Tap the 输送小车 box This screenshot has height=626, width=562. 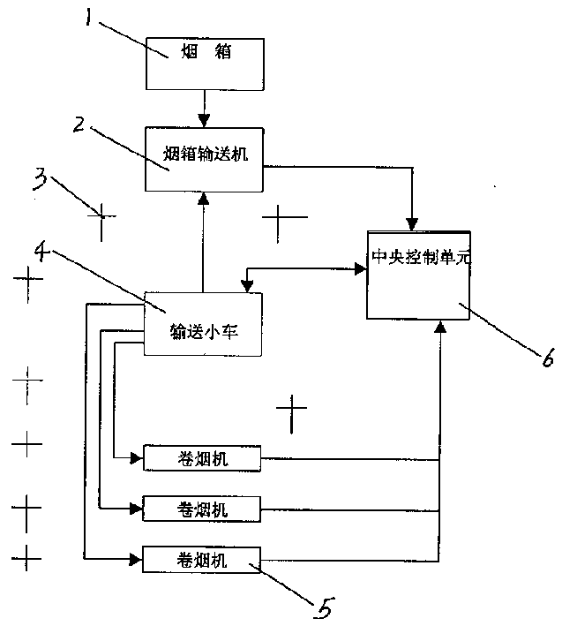point(202,324)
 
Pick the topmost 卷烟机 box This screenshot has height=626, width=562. point(202,458)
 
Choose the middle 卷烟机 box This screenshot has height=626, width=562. point(202,508)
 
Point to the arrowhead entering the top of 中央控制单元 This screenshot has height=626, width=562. point(411,221)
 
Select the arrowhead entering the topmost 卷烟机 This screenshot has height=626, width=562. point(136,458)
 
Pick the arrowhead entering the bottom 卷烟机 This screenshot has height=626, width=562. point(136,558)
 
